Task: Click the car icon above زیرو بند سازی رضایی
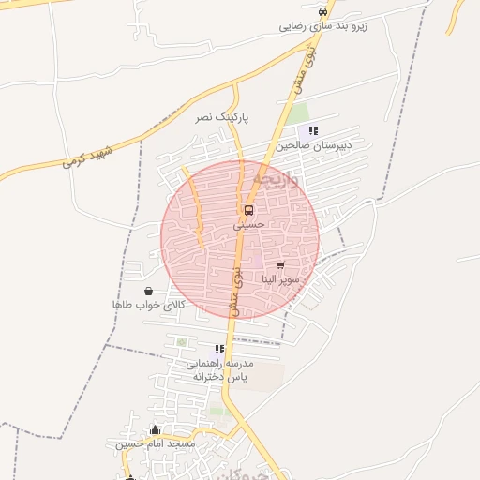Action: point(323,11)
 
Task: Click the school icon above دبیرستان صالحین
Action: point(313,130)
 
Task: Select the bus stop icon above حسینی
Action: point(248,210)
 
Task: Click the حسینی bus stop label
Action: point(249,225)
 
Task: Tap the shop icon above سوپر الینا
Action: point(280,265)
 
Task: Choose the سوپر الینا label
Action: point(280,279)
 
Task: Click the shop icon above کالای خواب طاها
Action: point(149,292)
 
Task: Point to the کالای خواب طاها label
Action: point(148,306)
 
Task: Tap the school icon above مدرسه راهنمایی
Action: point(219,349)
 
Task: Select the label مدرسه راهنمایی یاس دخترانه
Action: point(218,369)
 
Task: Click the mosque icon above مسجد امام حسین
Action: point(156,429)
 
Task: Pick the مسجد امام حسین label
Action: point(156,443)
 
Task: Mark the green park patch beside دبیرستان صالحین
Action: point(298,113)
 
